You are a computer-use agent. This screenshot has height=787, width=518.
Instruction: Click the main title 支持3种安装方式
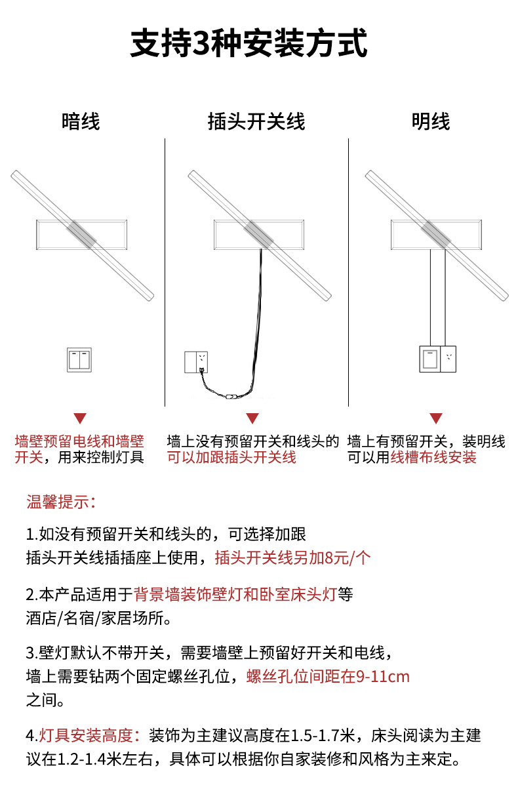[249, 45]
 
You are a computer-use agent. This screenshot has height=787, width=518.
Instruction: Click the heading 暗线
[81, 121]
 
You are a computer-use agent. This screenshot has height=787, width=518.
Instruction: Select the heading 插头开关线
[256, 121]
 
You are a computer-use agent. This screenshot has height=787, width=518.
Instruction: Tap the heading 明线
[431, 121]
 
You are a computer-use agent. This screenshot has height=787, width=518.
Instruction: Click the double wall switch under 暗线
[79, 360]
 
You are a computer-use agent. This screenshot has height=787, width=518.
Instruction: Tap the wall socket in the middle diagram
[196, 362]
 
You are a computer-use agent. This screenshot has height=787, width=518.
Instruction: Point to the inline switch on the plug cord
[231, 396]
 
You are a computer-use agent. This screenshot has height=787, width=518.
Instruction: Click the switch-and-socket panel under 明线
[437, 358]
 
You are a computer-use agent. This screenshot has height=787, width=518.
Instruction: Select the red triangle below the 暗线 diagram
[80, 418]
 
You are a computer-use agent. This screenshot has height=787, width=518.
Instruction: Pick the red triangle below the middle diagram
[252, 418]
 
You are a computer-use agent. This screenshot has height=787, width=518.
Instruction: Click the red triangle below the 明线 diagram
[436, 418]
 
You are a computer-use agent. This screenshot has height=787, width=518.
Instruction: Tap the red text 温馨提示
[61, 503]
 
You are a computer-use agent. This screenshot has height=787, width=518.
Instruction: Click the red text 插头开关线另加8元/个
[292, 557]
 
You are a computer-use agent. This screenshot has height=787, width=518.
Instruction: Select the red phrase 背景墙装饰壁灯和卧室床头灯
[235, 595]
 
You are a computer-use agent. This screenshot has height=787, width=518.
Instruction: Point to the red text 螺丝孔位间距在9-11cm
[328, 676]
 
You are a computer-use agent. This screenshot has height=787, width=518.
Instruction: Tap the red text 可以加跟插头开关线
[231, 457]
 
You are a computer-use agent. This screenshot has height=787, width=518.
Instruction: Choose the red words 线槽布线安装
[433, 457]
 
